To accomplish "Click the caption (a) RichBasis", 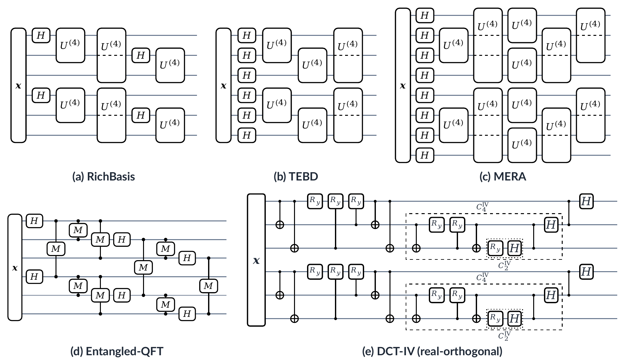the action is pos(104,176).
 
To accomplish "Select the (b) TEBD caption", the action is pos(296,176).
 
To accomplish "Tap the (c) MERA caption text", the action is pos(503,176).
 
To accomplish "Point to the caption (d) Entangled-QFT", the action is pos(117,351).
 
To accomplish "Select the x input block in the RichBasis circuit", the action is pos(18,85).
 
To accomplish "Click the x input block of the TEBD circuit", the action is pos(224,85).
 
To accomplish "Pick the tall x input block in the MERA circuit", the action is pos(403,85).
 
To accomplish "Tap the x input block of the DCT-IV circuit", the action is pos(256,260).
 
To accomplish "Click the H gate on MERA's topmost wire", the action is pos(425,15).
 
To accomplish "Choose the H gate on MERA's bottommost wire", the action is pos(425,155).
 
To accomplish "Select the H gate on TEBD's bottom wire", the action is pos(247,135).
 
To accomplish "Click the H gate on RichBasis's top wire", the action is pos(41,36).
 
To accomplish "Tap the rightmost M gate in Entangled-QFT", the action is pos(208,286).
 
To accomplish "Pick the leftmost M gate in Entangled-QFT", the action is pos(56,249).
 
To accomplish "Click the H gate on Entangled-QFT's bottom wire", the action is pos(187,314).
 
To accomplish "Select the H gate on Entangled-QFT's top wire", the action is pos(34,221).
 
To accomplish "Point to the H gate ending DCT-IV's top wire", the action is pos(586,201).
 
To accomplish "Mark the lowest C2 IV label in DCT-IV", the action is pos(504,336).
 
